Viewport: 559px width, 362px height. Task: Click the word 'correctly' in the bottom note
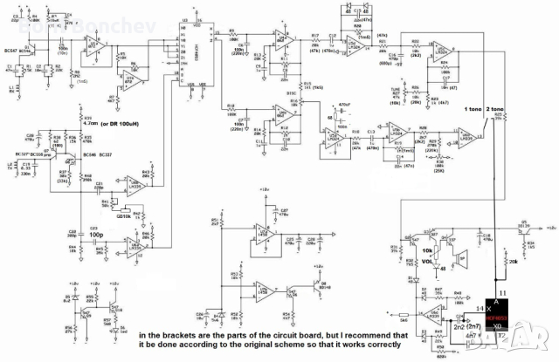click(381, 345)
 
